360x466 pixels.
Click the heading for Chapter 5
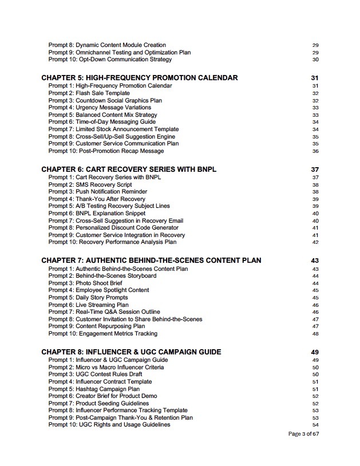140,78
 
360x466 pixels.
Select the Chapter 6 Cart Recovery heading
129,169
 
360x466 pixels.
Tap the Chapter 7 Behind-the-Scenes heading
151,260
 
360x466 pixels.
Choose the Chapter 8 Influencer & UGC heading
131,352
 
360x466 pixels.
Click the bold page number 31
314,78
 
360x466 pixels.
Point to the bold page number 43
314,260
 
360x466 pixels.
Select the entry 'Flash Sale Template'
89,93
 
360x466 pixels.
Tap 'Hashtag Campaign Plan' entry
94,389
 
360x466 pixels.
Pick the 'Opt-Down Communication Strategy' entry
110,60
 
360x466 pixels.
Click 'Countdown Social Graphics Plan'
105,100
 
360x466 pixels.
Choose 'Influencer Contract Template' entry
100,381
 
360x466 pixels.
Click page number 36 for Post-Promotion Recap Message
315,151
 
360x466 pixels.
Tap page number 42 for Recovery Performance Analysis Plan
315,242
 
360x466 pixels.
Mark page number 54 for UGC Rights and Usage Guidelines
315,425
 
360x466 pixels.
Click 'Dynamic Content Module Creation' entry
107,45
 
